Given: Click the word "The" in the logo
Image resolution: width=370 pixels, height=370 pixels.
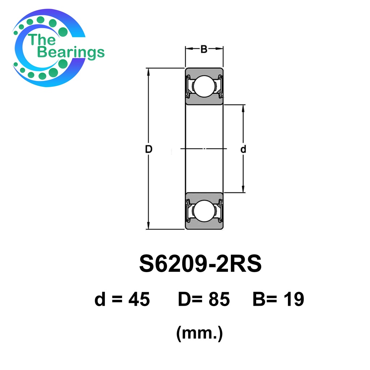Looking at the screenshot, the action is pyautogui.click(x=42, y=39).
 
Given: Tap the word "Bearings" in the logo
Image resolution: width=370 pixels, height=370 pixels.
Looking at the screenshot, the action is pyautogui.click(x=71, y=52).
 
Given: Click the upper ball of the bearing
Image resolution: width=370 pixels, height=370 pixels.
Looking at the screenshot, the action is pyautogui.click(x=204, y=86).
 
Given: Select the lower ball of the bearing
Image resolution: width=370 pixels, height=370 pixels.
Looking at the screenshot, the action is pyautogui.click(x=204, y=211).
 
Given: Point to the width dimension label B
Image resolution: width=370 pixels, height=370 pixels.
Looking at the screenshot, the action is pyautogui.click(x=204, y=49).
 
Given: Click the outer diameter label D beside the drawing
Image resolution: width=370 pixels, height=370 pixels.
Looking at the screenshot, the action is pyautogui.click(x=149, y=149).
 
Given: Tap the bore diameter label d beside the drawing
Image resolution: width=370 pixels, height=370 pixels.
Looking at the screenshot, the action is pyautogui.click(x=243, y=149).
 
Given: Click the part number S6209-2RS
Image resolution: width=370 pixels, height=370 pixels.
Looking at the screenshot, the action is pyautogui.click(x=200, y=263).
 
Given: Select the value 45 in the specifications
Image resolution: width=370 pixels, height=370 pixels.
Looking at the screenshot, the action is pyautogui.click(x=139, y=299).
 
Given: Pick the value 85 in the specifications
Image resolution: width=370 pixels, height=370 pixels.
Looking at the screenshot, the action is pyautogui.click(x=219, y=299).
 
